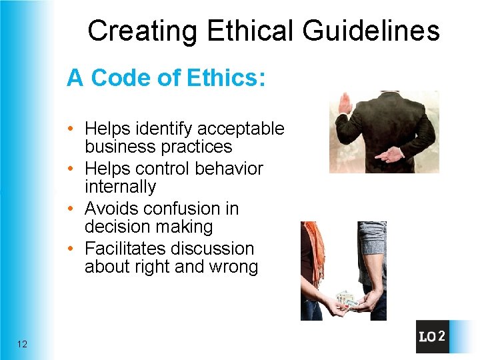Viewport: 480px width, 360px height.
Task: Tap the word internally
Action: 120,187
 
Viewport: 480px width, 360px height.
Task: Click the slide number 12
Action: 23,344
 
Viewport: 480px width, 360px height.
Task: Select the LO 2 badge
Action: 431,337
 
